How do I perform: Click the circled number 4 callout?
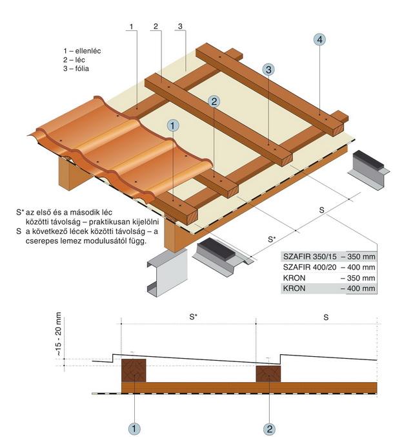click(319, 39)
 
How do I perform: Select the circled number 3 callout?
click(268, 69)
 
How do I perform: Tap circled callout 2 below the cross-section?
click(269, 429)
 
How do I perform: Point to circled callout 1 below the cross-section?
click(134, 429)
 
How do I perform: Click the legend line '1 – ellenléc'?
click(82, 51)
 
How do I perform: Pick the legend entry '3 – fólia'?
click(76, 69)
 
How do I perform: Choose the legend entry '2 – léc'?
click(74, 60)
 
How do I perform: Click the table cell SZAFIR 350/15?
click(310, 257)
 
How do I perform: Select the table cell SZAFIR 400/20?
click(310, 267)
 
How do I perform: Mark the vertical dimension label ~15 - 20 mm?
click(58, 334)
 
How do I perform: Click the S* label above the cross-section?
click(193, 317)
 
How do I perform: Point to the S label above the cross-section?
click(326, 317)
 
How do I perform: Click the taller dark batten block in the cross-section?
click(134, 370)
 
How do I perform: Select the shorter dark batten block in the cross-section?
click(268, 374)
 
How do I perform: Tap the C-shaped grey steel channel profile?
click(167, 273)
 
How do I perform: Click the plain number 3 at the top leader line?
click(180, 27)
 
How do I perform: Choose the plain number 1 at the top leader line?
click(132, 27)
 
